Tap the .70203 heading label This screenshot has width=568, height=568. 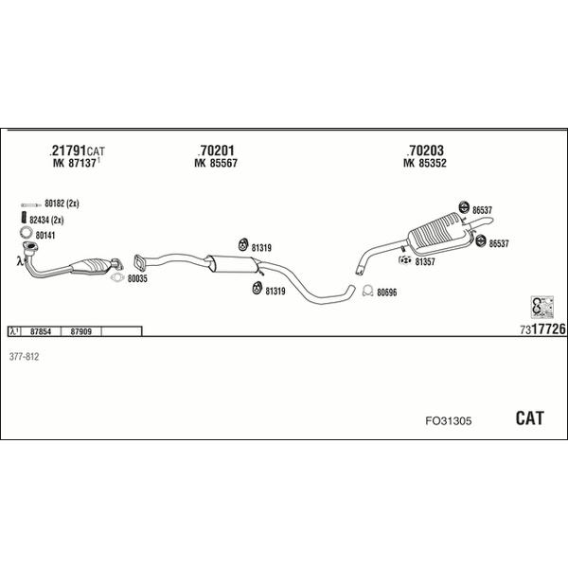(425, 151)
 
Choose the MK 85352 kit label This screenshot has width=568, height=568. (425, 164)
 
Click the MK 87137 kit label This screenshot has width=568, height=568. (75, 164)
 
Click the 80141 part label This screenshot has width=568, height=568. (45, 236)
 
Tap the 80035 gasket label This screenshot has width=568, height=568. (138, 280)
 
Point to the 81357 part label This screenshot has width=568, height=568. (423, 261)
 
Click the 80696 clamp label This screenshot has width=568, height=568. (387, 293)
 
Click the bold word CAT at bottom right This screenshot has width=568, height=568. (528, 417)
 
